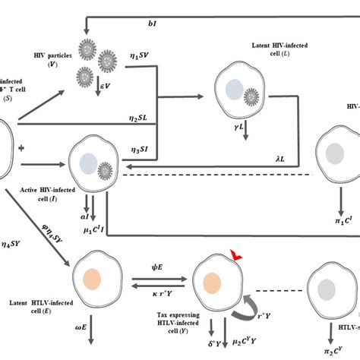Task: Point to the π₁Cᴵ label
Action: coord(343,220)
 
